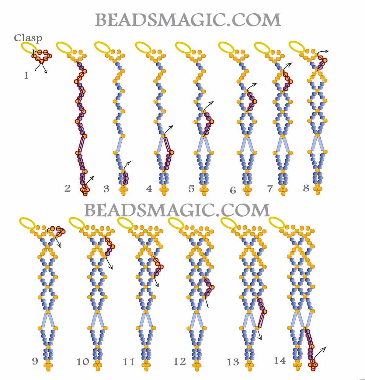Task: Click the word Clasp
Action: (28, 38)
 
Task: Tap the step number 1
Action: (26, 76)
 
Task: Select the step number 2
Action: (68, 188)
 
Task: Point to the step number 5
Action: (192, 189)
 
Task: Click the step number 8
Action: (306, 188)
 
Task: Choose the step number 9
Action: (35, 361)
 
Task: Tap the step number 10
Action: (83, 362)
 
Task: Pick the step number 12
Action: (180, 362)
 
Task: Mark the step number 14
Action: (280, 361)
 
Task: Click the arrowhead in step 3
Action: (131, 162)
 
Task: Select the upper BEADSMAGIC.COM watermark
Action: (188, 20)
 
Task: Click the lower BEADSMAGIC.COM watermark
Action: (177, 210)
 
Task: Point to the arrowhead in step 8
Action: (327, 51)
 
